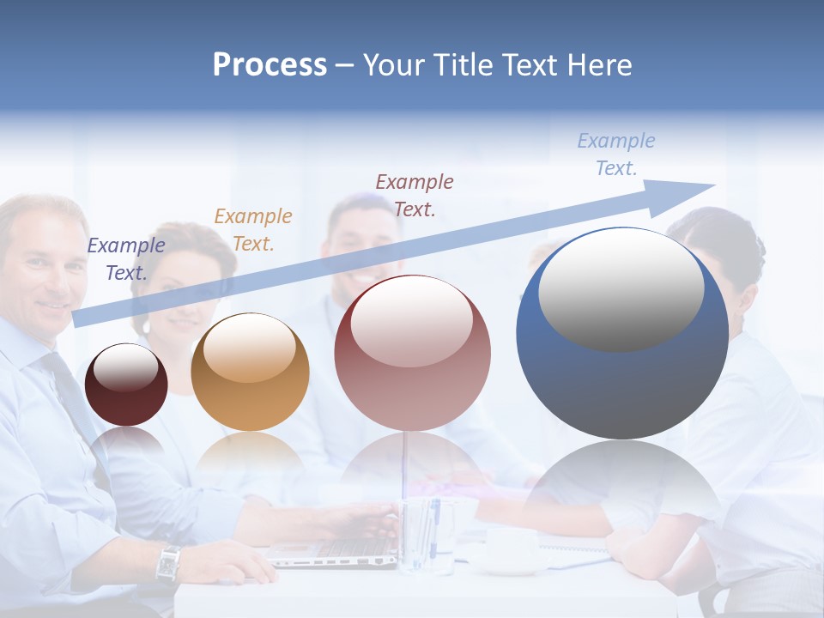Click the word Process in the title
[270, 65]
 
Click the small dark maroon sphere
[126, 385]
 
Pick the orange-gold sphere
[250, 372]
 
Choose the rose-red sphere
[412, 353]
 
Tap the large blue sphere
[621, 378]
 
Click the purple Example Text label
[126, 259]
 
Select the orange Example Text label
[253, 230]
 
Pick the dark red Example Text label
[415, 196]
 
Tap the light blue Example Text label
[616, 154]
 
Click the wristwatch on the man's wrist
[168, 562]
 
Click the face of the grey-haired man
[43, 266]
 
